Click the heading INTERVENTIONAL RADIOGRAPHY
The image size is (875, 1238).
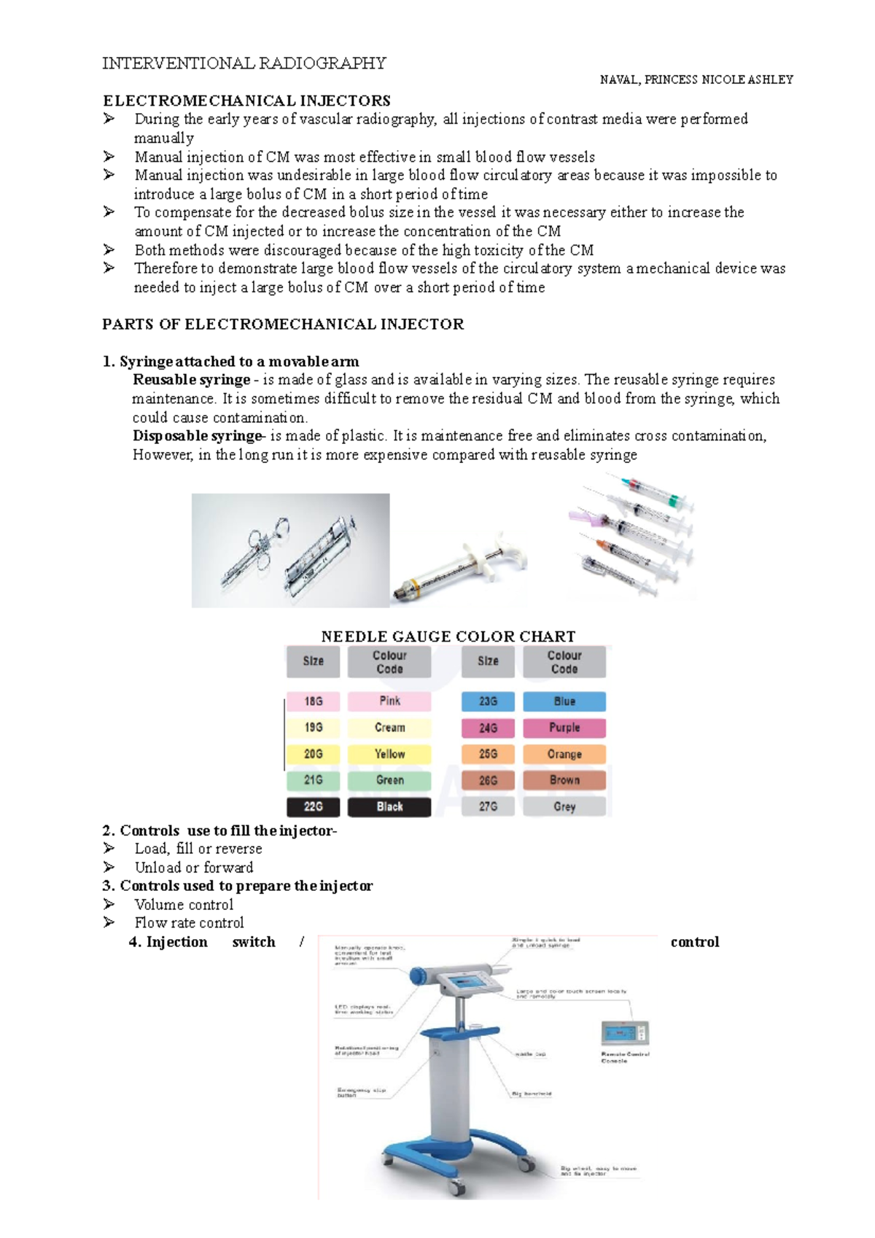tap(244, 63)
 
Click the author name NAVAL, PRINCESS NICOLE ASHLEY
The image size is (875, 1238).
tap(696, 79)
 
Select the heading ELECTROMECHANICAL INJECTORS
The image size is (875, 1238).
tap(246, 101)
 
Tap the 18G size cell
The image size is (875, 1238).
tap(314, 701)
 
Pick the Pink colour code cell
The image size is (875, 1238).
tap(389, 701)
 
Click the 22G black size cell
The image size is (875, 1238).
tap(314, 806)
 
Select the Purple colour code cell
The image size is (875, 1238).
tap(564, 728)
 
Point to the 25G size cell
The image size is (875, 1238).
tap(488, 754)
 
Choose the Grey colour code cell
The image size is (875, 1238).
tap(564, 806)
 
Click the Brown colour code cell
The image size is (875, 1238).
tap(564, 780)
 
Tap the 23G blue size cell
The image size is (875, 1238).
tap(488, 701)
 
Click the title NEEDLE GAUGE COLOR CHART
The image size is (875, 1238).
tap(448, 636)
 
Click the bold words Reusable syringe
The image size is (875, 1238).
tap(191, 380)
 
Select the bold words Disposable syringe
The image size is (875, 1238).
tap(197, 436)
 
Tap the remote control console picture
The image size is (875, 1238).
tap(624, 1033)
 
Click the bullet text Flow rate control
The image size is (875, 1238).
tap(189, 923)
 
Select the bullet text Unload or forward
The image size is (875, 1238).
tap(194, 868)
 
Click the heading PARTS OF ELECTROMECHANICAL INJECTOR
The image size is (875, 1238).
tap(283, 324)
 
